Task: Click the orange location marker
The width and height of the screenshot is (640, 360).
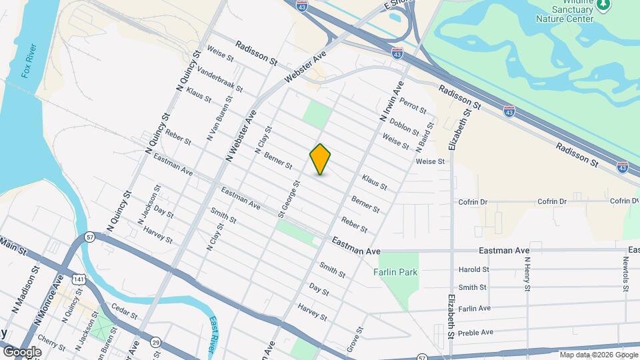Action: [320, 159]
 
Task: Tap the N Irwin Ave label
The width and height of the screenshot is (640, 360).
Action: [392, 101]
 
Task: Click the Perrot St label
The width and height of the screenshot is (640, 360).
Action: [413, 106]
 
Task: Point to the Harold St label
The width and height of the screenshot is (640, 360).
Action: [473, 270]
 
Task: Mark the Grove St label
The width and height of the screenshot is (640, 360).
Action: [353, 339]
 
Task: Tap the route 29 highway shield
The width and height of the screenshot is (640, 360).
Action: [155, 342]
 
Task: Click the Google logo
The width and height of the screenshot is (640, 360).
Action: [22, 352]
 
